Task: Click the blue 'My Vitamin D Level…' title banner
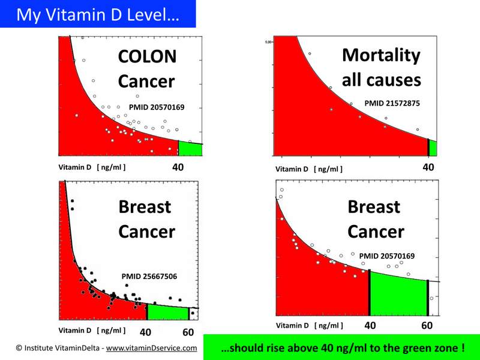coord(98,14)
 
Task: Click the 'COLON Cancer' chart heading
coord(147,69)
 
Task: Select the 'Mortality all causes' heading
coord(381,67)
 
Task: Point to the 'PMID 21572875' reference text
coord(392,103)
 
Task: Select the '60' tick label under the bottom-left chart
coord(188,332)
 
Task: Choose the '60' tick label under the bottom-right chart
coord(427,326)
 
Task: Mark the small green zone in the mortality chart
coord(433,148)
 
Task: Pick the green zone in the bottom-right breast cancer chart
coord(398,294)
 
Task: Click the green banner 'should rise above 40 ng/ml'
coord(341,347)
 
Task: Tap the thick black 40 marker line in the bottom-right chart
coord(369,292)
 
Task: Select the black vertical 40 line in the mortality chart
coord(428,147)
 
